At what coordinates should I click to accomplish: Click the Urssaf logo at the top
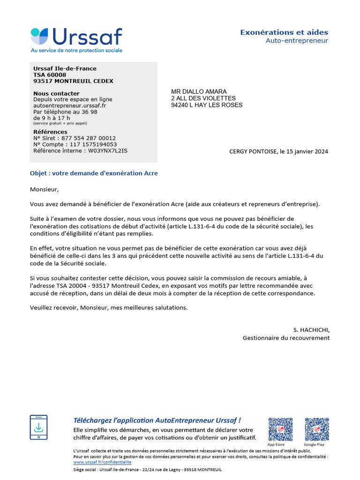coord(76,39)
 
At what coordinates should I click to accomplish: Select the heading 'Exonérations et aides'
coord(284,32)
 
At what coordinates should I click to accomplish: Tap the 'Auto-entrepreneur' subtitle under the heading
coord(297,41)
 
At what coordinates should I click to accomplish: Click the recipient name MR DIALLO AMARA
coord(199,91)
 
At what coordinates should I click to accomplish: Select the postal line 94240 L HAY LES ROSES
coord(207,105)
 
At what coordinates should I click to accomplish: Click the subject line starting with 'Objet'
coord(94,173)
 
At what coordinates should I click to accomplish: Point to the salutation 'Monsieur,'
coord(45,189)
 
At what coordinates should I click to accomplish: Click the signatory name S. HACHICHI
coord(311,330)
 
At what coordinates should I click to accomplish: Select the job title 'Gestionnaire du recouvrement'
coord(286,337)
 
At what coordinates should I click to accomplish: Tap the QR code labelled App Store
coord(280,429)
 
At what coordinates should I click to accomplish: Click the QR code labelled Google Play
coord(317,429)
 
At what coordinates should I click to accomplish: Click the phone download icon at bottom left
coord(38,427)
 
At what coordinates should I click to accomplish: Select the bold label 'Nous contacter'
coord(56,93)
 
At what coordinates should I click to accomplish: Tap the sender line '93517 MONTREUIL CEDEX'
coord(73,81)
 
